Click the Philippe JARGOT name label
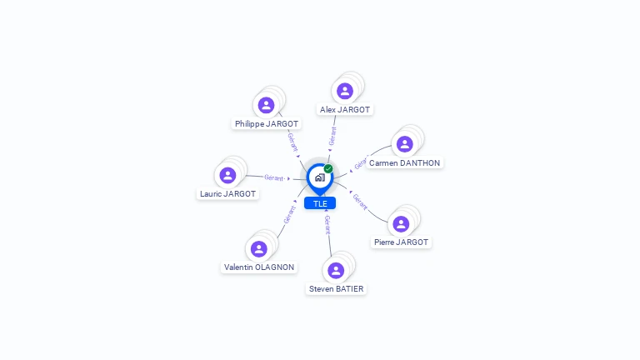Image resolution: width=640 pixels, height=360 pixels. click(x=267, y=123)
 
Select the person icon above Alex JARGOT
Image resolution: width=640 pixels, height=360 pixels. click(x=345, y=91)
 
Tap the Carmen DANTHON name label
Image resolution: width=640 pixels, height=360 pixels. click(x=404, y=163)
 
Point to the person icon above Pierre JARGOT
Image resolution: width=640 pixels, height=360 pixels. click(x=401, y=223)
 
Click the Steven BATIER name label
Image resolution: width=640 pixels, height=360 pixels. click(x=336, y=289)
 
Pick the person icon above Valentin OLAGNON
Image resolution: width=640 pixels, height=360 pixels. click(x=259, y=248)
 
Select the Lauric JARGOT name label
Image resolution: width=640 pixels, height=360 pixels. click(x=228, y=194)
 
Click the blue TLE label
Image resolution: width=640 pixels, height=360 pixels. click(x=320, y=203)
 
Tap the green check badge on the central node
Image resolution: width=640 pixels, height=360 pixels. click(x=328, y=168)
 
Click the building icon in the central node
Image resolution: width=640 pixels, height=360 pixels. click(x=319, y=177)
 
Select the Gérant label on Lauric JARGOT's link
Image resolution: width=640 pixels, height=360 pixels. click(x=274, y=177)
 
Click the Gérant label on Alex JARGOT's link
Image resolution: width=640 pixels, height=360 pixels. click(x=332, y=137)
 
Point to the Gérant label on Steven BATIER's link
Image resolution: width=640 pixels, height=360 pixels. click(x=328, y=223)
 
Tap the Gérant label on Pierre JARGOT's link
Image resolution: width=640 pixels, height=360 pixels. click(x=360, y=201)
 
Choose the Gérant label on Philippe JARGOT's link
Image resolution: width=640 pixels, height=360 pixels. click(x=292, y=142)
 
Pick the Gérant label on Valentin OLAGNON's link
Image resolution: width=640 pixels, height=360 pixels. click(x=288, y=214)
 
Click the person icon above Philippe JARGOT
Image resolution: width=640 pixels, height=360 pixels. click(x=266, y=105)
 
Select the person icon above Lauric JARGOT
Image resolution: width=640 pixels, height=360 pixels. click(x=227, y=175)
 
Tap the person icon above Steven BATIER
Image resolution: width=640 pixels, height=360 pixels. click(x=336, y=270)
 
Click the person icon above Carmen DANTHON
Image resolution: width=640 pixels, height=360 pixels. click(x=404, y=144)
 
